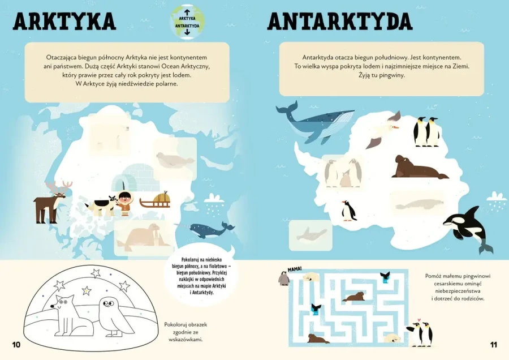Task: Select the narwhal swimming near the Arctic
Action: click(x=208, y=229)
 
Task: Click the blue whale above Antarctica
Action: click(x=311, y=122)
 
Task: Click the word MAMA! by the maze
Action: click(x=294, y=268)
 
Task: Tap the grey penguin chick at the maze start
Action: click(x=284, y=278)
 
